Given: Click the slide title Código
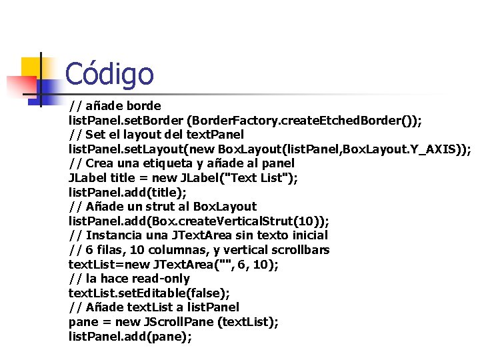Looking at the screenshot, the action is (x=109, y=74).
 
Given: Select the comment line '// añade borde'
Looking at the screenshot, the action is (x=115, y=106).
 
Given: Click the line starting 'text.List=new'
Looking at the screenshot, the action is (x=174, y=264).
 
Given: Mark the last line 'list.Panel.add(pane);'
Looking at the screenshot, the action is (x=130, y=337).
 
